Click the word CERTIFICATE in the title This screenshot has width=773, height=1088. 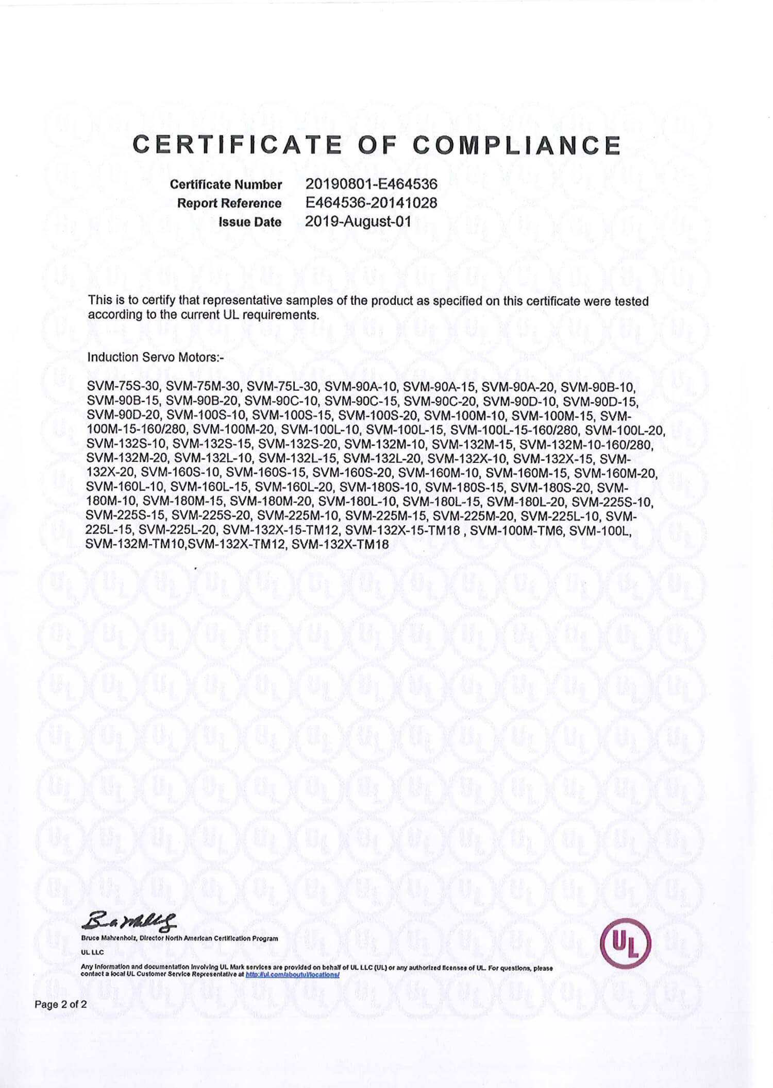238,145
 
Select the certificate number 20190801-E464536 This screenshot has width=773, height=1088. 371,184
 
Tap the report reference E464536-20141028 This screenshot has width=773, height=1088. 371,203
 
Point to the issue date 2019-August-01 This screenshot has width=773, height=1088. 358,222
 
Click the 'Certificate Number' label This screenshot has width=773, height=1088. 226,184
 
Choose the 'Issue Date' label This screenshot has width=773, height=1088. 250,222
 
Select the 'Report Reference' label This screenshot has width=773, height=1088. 229,203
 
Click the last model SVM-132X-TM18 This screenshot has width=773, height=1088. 340,544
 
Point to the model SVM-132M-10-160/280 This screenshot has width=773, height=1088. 586,444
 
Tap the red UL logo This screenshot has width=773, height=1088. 626,943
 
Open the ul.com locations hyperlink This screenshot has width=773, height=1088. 292,975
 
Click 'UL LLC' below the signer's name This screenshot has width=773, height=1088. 92,953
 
